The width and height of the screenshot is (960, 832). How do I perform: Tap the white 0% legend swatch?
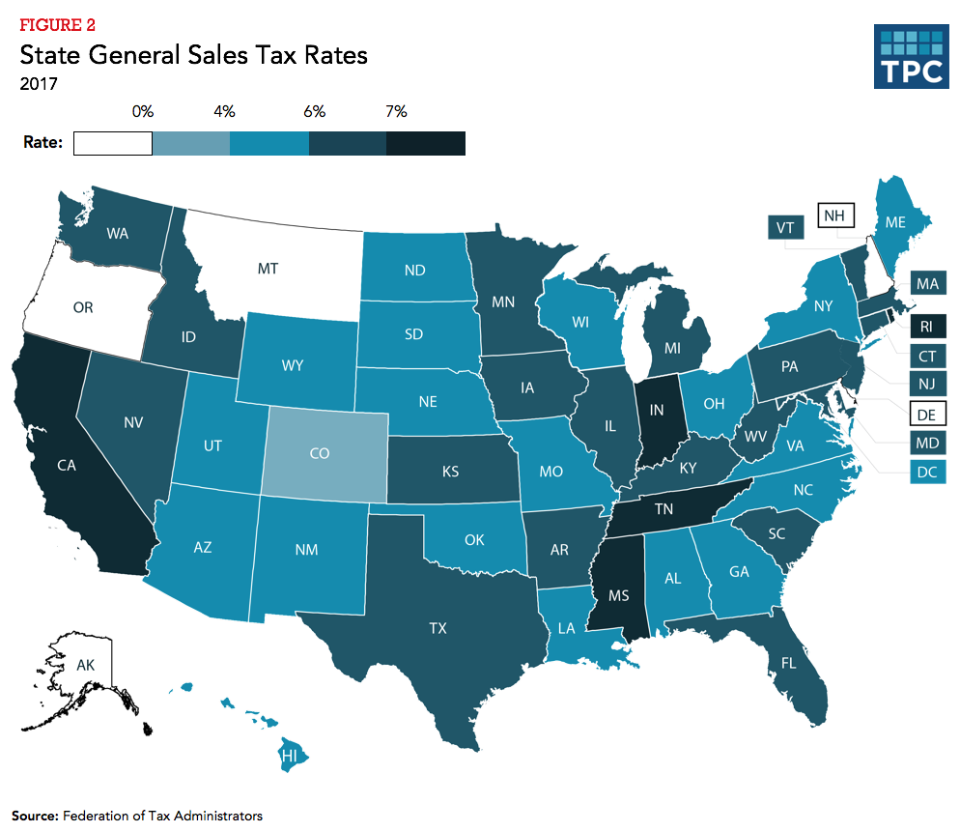113,143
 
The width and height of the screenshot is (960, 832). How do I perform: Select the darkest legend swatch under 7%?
425,143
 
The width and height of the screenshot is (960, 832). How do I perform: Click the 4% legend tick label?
225,112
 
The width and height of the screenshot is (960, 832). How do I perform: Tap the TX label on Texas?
438,628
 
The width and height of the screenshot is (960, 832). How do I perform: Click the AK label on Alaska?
85,666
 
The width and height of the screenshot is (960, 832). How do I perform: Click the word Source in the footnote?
35,816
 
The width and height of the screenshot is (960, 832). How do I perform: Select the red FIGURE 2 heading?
58,24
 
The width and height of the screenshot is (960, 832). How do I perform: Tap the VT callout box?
785,228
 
